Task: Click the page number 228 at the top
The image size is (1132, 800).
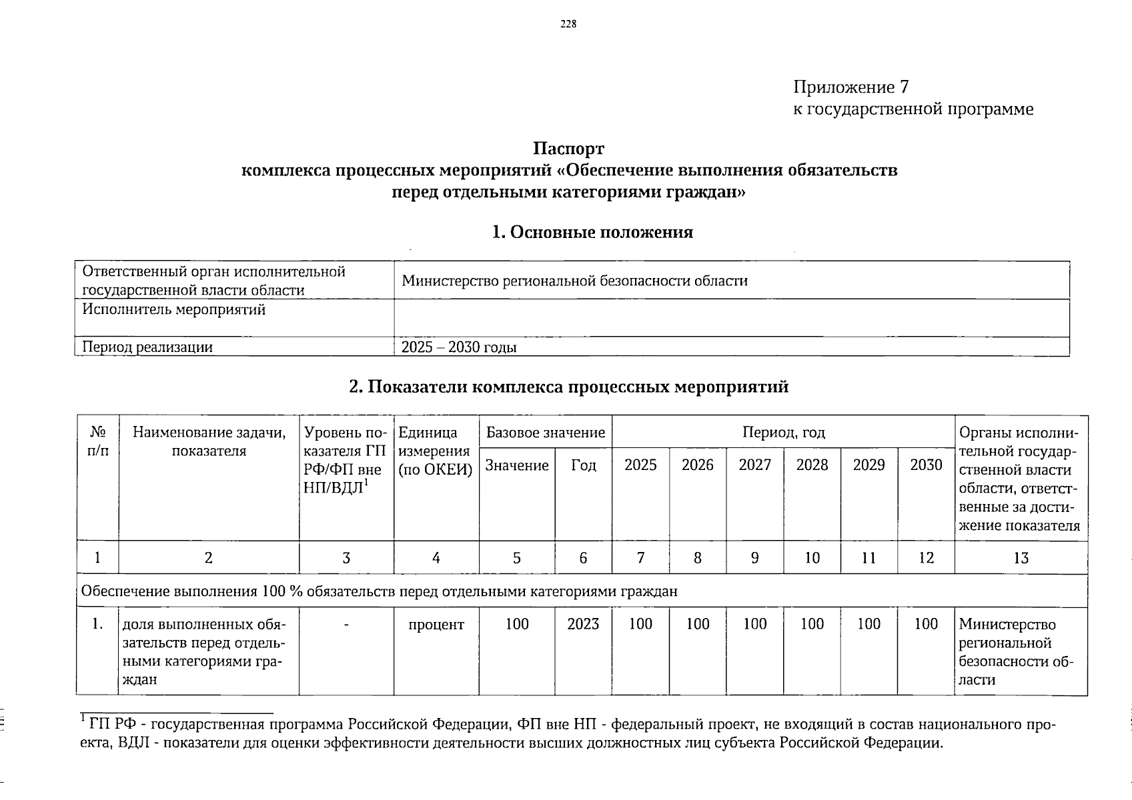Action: point(568,25)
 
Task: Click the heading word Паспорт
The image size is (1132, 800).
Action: point(568,148)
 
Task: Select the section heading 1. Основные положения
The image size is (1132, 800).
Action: point(592,232)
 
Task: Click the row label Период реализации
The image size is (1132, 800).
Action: point(147,347)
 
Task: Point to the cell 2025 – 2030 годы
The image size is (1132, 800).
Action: point(459,347)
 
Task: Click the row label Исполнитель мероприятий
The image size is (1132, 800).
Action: point(173,310)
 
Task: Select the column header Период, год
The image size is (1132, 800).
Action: point(783,433)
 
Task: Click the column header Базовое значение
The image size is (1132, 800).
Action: point(546,433)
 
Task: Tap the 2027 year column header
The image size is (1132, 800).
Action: point(754,465)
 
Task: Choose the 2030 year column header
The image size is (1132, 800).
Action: point(926,465)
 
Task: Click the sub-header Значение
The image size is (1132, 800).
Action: point(517,465)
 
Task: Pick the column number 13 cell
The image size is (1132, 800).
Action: point(1021,558)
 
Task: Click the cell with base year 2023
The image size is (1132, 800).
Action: point(583,624)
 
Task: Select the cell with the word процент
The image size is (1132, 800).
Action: point(436,625)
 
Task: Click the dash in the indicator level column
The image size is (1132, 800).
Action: point(346,625)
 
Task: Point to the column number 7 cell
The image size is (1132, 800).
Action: point(640,558)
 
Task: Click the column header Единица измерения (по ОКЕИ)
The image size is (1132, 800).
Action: point(436,451)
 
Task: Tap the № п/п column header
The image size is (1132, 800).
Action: point(97,441)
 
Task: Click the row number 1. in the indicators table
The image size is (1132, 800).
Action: point(97,624)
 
